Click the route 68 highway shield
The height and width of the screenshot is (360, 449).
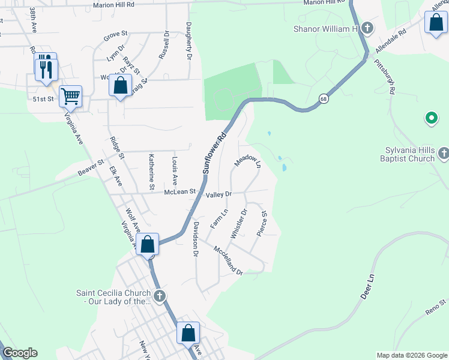(x=324, y=99)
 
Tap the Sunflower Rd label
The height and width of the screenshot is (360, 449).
(x=215, y=153)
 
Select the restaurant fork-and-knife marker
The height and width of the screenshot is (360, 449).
(x=46, y=68)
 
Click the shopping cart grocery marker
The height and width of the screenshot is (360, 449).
(x=71, y=97)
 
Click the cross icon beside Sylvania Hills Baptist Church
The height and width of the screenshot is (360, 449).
(x=443, y=154)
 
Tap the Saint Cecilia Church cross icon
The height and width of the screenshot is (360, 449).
(x=159, y=295)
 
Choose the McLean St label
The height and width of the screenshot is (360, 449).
(x=181, y=191)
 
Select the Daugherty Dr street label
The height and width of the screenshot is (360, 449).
(x=188, y=41)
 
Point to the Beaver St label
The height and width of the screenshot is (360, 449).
(x=91, y=167)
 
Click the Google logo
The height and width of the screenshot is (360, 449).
(x=20, y=353)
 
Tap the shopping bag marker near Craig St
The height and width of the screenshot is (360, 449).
(x=120, y=86)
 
